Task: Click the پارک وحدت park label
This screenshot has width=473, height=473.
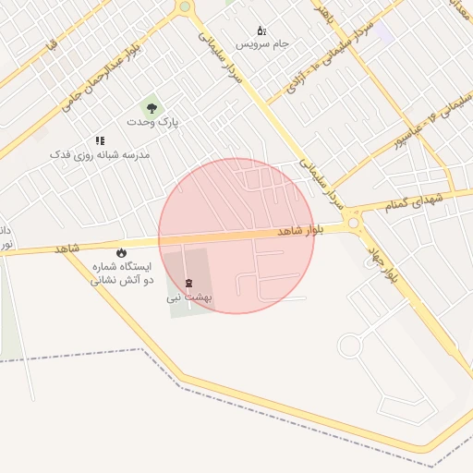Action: click(x=152, y=122)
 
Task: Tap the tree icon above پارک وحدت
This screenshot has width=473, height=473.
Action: click(x=152, y=108)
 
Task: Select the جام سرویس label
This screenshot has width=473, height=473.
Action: click(x=262, y=43)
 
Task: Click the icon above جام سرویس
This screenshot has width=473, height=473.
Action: click(x=261, y=30)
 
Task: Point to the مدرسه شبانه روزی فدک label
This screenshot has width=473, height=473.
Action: click(x=100, y=154)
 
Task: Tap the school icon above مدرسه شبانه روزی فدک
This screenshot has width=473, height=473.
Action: click(x=100, y=140)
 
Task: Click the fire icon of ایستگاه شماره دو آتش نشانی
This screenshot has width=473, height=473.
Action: click(x=121, y=253)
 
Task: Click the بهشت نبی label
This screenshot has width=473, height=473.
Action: click(x=189, y=297)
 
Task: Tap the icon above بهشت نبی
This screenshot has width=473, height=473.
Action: click(x=189, y=283)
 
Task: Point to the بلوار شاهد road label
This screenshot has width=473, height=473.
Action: click(x=301, y=232)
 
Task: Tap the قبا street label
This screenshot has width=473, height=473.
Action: click(x=51, y=43)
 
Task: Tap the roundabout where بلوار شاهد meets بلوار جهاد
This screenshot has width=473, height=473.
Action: click(x=354, y=223)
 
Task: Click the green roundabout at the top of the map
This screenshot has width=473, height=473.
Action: click(x=185, y=6)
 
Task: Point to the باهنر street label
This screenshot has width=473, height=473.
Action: click(x=322, y=12)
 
